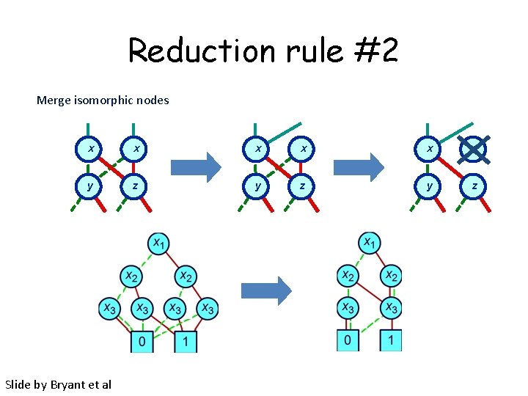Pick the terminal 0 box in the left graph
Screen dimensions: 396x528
pos(142,341)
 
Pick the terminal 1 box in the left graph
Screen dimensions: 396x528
pos(185,341)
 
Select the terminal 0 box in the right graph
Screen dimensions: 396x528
pos(348,340)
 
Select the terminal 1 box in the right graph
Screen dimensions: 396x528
pos(391,340)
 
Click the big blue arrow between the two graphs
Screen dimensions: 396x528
pos(265,291)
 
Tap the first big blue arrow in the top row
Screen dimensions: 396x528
pos(194,166)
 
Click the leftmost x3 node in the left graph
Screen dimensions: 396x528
pos(110,309)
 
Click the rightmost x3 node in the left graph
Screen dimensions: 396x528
pos(208,309)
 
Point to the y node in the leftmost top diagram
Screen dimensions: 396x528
pos(90,186)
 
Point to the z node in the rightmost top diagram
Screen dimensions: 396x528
pos(474,186)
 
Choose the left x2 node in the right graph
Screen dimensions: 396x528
pos(348,276)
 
